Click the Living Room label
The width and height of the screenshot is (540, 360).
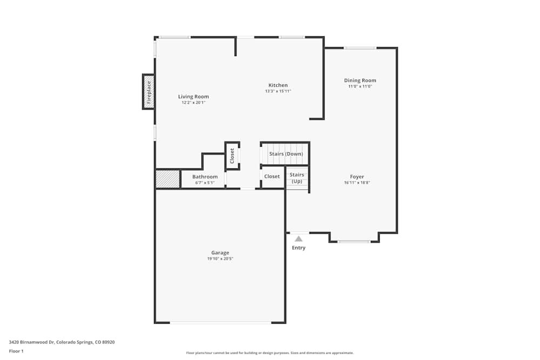pos(193,97)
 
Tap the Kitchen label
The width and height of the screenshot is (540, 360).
pos(278,85)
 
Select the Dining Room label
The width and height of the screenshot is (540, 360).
pos(360,80)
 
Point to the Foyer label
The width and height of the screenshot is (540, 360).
pos(357,177)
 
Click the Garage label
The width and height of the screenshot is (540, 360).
pos(220,253)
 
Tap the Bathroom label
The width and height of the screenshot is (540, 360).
pos(205,177)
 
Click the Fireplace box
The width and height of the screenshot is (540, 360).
pos(148,92)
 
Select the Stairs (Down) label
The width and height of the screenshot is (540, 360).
pos(286,154)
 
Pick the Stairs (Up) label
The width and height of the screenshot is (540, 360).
pos(297,178)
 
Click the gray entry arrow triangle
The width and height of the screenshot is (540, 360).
pos(299,239)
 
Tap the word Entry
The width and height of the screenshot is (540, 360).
pos(299,248)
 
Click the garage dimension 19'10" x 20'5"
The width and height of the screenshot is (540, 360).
pos(220,259)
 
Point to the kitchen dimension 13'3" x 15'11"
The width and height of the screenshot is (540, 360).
pos(278,91)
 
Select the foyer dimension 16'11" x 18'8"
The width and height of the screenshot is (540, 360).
pos(357,183)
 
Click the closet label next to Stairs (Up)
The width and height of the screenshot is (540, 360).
pos(272,176)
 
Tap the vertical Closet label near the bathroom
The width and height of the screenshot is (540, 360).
pos(232,156)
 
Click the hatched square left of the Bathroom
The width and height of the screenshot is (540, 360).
pos(168,179)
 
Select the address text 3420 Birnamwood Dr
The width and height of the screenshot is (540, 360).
pos(32,342)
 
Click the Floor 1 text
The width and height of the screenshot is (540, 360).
pos(16,351)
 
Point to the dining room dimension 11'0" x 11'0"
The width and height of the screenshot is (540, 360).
pos(360,86)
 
